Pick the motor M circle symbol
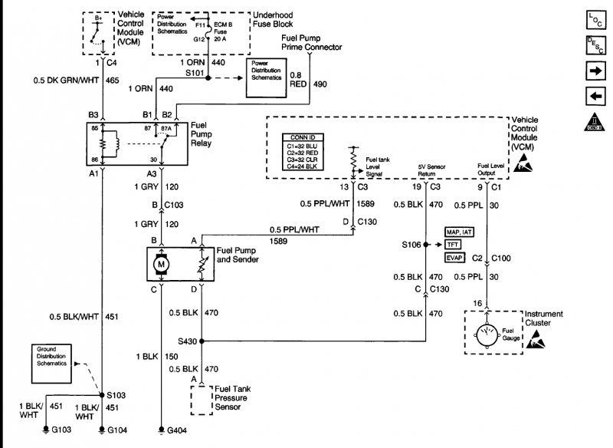pos(162,265)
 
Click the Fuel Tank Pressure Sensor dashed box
pos(201,400)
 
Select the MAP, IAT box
pos(458,232)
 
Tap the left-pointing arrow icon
pos(595,96)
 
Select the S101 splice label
pos(195,72)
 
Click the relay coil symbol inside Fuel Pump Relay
pos(113,144)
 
